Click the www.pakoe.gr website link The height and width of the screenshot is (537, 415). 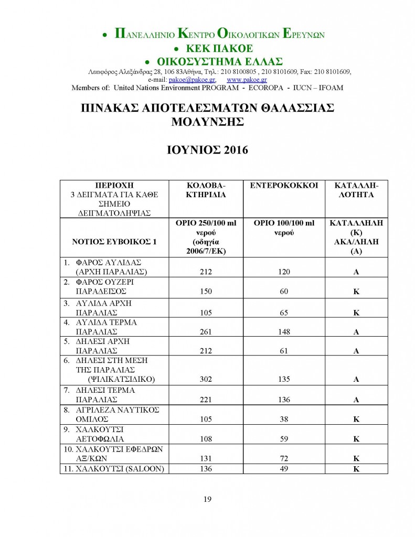(x=247, y=80)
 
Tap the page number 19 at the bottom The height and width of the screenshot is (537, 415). (x=207, y=499)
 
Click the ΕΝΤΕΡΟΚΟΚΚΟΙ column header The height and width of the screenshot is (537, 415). (x=284, y=186)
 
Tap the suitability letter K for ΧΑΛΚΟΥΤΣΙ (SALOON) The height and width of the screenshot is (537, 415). (x=356, y=469)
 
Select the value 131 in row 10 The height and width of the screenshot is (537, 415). (x=206, y=459)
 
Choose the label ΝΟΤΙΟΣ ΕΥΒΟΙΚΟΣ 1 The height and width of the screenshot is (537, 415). (x=114, y=242)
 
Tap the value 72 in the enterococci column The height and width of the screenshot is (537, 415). (x=284, y=459)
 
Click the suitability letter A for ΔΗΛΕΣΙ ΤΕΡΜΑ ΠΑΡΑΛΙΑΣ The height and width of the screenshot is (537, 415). (x=356, y=400)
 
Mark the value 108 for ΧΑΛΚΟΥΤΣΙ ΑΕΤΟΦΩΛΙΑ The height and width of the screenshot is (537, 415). (x=206, y=439)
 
